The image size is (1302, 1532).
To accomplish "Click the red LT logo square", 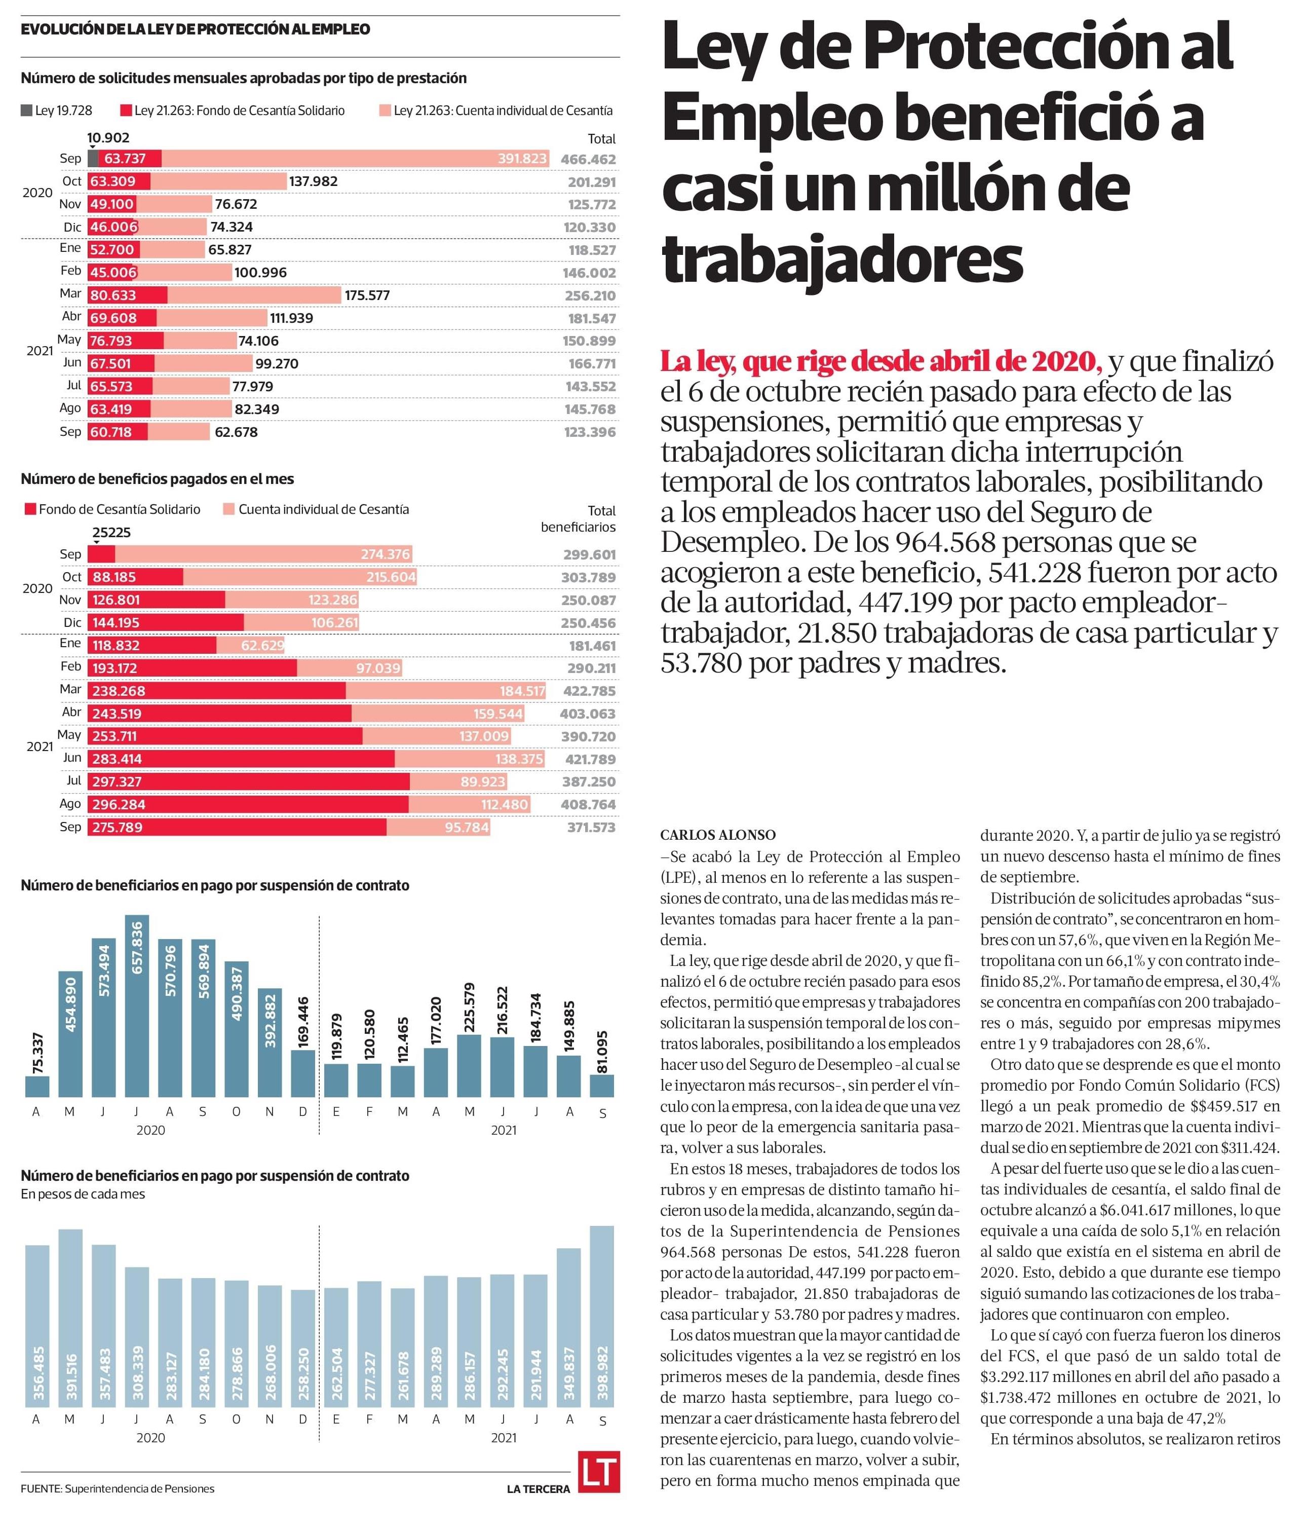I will pos(599,1472).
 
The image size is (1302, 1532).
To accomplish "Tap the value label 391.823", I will pos(522,159).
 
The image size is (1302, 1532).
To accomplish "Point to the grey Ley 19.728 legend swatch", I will pos(26,111).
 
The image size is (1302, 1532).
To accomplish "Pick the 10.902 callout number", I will pos(108,137).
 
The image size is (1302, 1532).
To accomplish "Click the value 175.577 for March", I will pos(367,295).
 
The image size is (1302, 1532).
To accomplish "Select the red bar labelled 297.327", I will pos(249,781).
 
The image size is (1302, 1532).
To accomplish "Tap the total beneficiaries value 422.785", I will pos(588,691).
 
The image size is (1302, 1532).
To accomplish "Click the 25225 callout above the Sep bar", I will pos(111,532).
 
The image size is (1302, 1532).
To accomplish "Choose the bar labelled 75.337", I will pos(37,1086).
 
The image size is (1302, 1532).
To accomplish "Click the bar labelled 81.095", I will pos(602,1086).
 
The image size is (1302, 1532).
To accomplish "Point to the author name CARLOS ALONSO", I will pos(717,835).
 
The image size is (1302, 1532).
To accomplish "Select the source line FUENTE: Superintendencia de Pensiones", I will pos(118,1488).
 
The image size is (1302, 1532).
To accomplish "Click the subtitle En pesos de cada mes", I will pos(83,1194).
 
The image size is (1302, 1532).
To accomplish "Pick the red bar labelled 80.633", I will pos(127,295).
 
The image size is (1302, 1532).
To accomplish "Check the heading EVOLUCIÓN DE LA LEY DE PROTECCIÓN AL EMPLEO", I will pos(196,29).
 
